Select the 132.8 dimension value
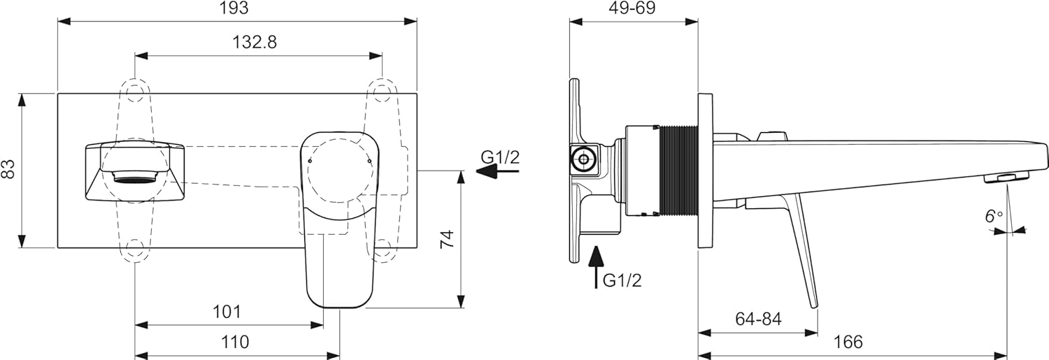255,42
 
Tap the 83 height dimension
8,169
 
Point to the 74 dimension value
448,239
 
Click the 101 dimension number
227,311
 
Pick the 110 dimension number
235,343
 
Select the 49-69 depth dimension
632,8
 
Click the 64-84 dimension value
759,319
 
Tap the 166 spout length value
848,343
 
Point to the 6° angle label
994,216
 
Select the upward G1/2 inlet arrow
596,266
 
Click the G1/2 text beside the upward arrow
622,280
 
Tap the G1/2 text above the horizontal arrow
500,157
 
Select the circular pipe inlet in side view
583,159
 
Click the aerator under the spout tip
1007,191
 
